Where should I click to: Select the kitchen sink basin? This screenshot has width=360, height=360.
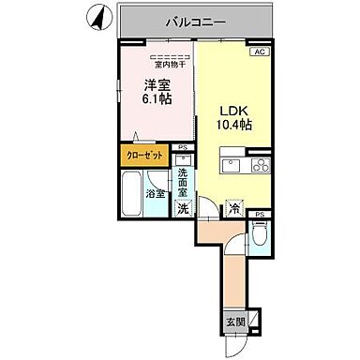click(231, 168)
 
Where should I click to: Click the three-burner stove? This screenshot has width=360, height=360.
click(257, 168)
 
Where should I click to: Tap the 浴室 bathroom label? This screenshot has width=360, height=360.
click(156, 194)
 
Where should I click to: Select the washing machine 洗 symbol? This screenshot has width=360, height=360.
click(184, 208)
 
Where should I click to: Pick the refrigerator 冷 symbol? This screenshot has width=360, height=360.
click(234, 207)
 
